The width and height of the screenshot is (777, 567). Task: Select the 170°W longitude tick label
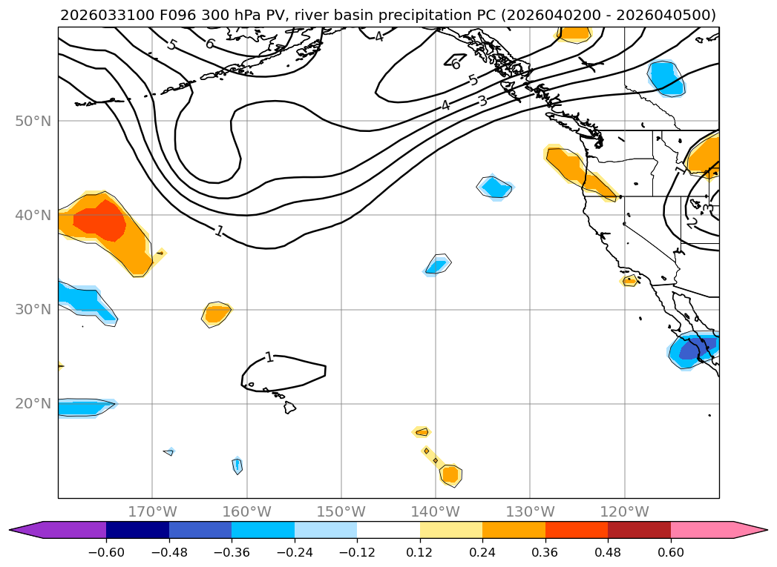coord(152,512)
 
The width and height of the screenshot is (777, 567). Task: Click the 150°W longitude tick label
coord(341,512)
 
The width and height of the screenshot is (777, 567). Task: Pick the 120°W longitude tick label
coord(625,512)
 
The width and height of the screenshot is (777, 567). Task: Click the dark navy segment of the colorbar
coord(137,530)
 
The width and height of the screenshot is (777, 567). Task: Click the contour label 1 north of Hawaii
coord(269,357)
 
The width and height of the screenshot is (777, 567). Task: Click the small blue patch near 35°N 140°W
coord(437,264)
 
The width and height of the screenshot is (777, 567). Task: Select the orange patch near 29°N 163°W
coord(216,314)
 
